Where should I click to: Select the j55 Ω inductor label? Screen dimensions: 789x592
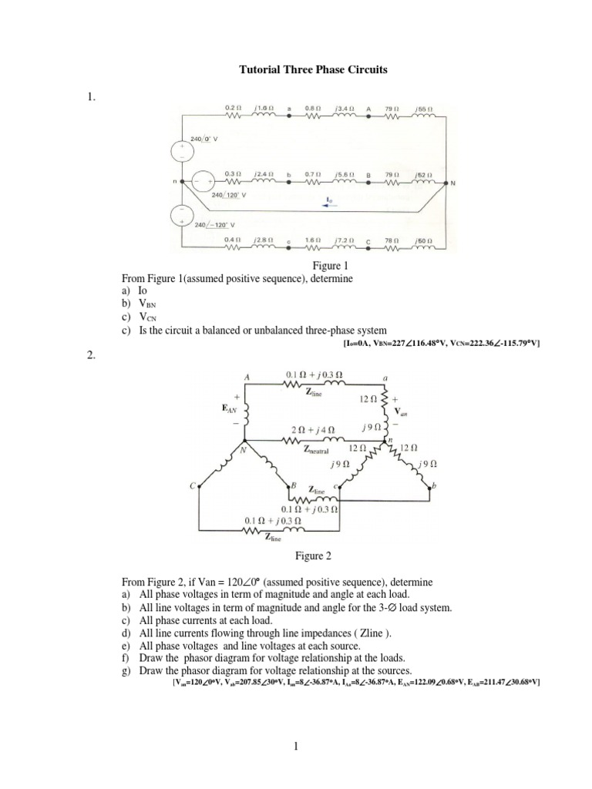coord(421,109)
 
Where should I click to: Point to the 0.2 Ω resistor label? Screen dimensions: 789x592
coord(232,109)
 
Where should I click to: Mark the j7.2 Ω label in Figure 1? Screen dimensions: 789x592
coord(344,241)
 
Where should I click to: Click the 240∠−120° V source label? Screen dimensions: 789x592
coord(214,224)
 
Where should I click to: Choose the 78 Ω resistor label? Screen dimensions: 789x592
coord(394,241)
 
